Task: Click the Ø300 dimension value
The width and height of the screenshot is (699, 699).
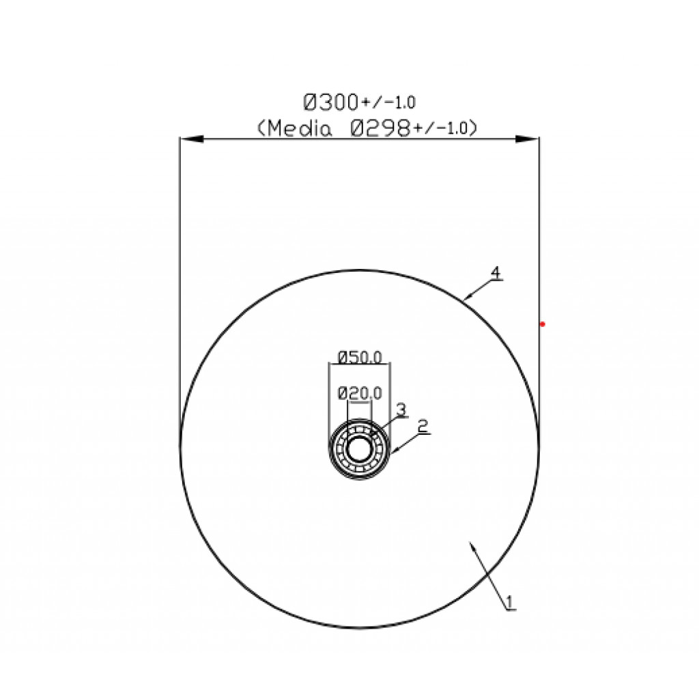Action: [331, 102]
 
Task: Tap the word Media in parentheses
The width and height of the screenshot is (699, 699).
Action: [300, 129]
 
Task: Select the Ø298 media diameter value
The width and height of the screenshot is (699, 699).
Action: [380, 129]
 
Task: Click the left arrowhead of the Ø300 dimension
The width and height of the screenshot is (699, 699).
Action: [192, 139]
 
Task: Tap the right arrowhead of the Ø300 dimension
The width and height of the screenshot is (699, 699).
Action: [527, 139]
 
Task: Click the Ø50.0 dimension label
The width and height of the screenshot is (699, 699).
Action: [360, 358]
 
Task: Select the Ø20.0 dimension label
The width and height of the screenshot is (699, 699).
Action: [360, 393]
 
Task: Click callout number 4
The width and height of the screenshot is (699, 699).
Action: [496, 273]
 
